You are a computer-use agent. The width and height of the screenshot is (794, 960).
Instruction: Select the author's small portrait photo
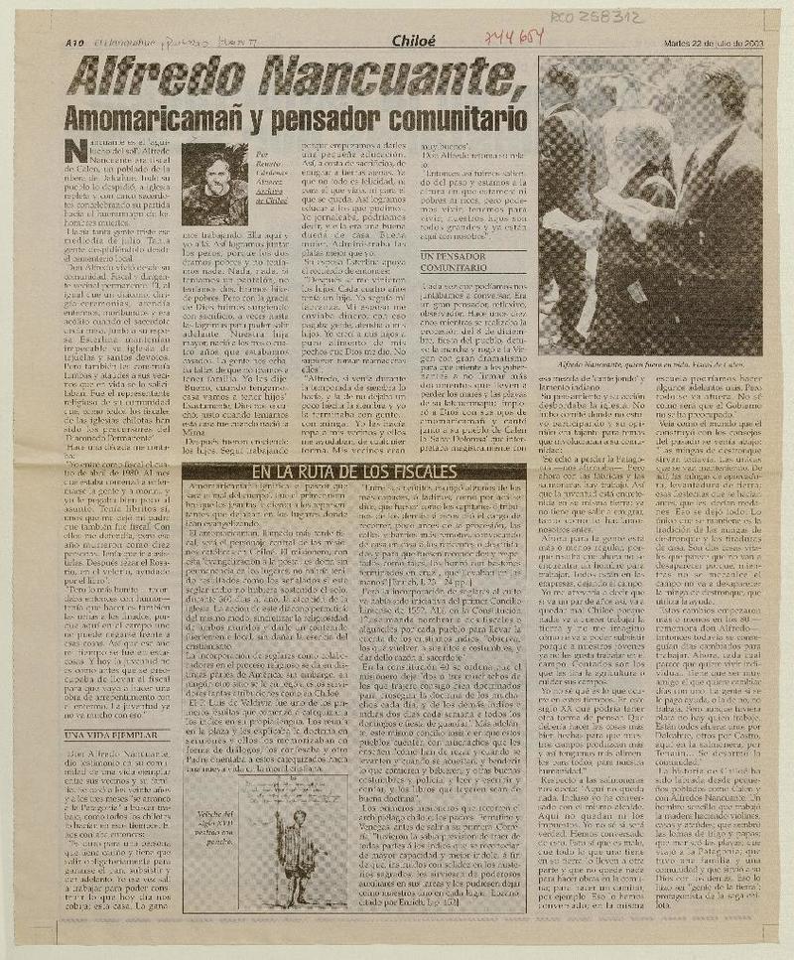[213, 185]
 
